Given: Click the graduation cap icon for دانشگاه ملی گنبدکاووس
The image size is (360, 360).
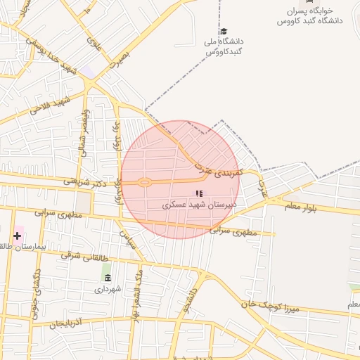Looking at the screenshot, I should pos(224,32).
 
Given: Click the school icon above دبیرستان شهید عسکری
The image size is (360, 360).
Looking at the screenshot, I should pos(199,193).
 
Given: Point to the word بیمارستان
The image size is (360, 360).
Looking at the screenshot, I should pos(32,247).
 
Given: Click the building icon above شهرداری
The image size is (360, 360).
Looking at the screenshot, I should pos(107,278).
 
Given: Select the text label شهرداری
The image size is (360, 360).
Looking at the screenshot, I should pos(108,289).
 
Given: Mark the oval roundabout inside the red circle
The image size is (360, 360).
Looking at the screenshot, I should pos(143,183).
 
